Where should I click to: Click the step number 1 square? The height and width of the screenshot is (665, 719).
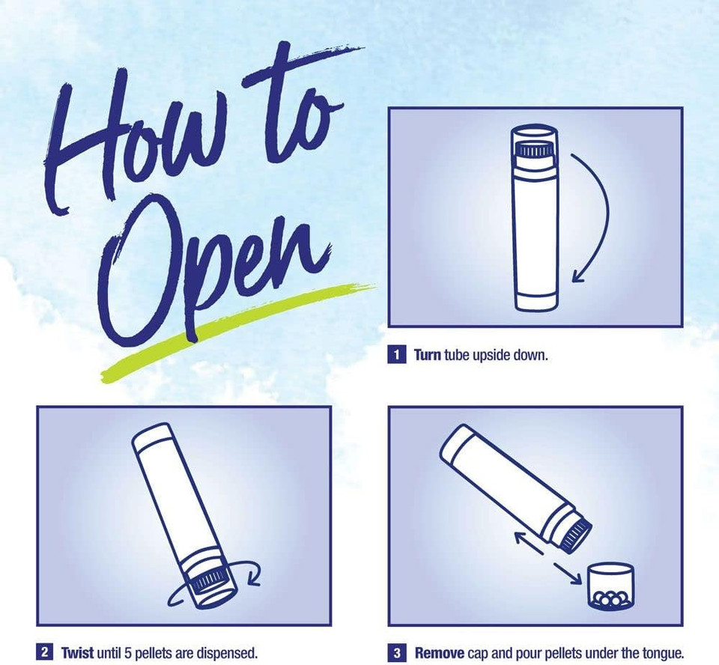pos(397,355)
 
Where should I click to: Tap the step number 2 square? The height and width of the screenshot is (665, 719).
pos(44,652)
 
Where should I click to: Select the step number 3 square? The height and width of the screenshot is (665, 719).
pos(397,652)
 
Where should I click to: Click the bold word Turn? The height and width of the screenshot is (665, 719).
pos(428,355)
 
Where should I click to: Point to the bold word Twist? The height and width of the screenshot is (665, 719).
pos(77,652)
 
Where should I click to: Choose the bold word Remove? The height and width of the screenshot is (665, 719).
pos(440,652)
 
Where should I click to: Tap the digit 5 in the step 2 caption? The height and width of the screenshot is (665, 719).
pos(128,652)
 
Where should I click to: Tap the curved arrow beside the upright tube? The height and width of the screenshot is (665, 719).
pos(608,216)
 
